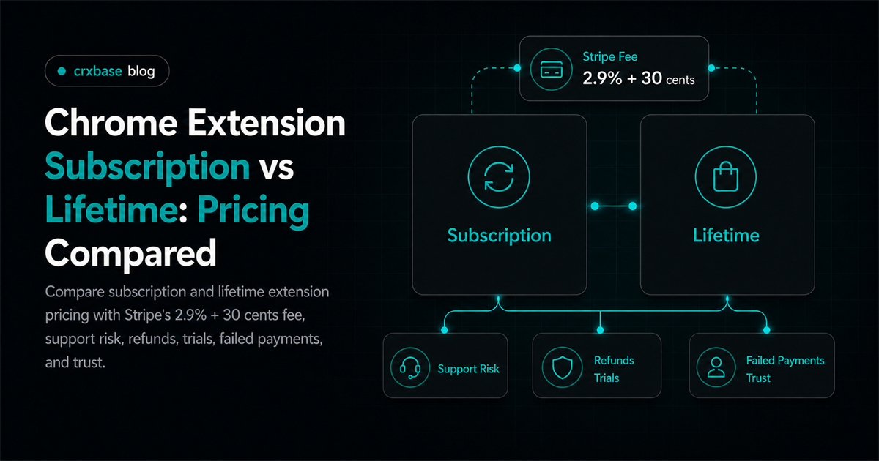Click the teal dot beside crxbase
(62, 71)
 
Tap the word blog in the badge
(141, 72)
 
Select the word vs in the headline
(276, 168)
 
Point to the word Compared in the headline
(130, 254)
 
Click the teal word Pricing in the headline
(253, 211)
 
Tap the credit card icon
(552, 70)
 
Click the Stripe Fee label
(609, 57)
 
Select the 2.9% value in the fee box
(602, 78)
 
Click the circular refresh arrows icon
(499, 177)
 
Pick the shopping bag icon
(726, 176)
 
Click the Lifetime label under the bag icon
(726, 235)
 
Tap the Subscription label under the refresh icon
(499, 236)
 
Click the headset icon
(410, 368)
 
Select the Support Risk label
(469, 369)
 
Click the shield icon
(563, 367)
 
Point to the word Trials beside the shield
(607, 378)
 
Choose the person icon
(716, 367)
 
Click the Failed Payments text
(785, 361)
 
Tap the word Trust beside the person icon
(758, 378)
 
